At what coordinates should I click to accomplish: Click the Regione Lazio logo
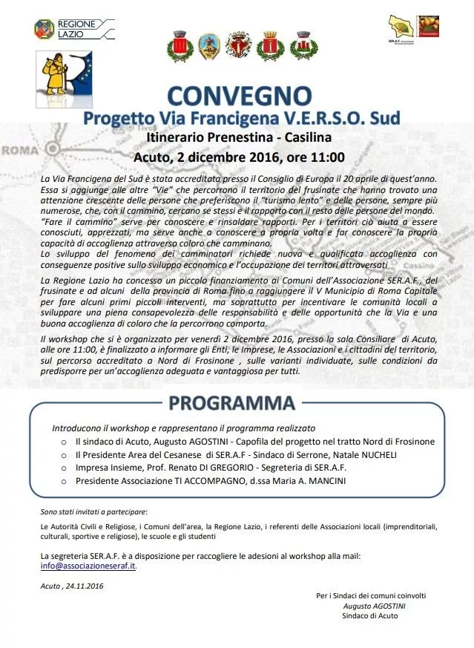click(x=73, y=30)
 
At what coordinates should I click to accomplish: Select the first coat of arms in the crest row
click(x=178, y=46)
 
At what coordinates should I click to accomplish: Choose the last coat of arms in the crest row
click(x=300, y=46)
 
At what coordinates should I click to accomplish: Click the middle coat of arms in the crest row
click(x=238, y=46)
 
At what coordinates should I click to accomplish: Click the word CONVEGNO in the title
click(x=239, y=96)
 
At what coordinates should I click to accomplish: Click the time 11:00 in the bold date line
click(x=328, y=157)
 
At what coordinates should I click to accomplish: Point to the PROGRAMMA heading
click(x=231, y=403)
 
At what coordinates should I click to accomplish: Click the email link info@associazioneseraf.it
click(x=88, y=565)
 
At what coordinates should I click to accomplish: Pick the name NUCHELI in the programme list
click(x=390, y=455)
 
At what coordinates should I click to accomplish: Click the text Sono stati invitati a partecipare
click(x=93, y=511)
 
